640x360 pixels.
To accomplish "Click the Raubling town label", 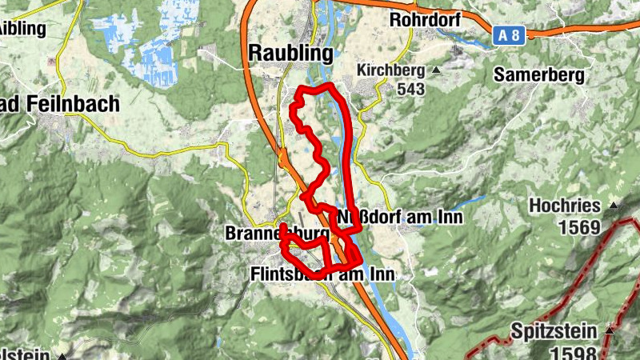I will tap(291, 53).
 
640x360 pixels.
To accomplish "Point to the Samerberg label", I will tap(539, 74).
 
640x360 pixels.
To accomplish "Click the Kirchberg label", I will tap(390, 70).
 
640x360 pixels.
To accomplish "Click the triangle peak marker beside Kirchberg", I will tap(437, 70).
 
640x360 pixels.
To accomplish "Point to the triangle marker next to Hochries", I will tap(614, 206).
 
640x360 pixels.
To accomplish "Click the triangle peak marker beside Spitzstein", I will tap(610, 330).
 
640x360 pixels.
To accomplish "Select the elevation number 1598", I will tap(573, 352).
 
